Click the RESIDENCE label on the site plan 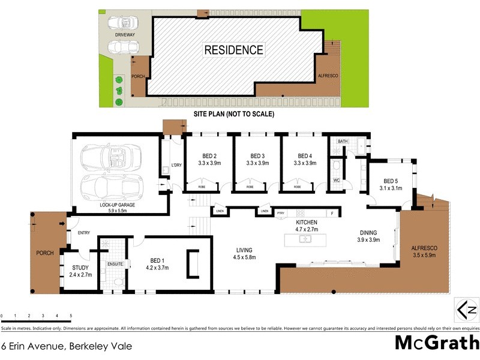(234, 50)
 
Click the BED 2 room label (209, 155)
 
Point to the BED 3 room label (257, 155)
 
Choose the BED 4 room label (305, 155)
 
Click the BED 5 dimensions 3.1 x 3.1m (391, 188)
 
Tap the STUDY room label (80, 268)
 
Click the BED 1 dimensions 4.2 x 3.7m (157, 268)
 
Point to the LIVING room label (244, 250)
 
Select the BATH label (343, 142)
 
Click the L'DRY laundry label (176, 165)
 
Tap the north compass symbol (466, 311)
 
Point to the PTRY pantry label (281, 212)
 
